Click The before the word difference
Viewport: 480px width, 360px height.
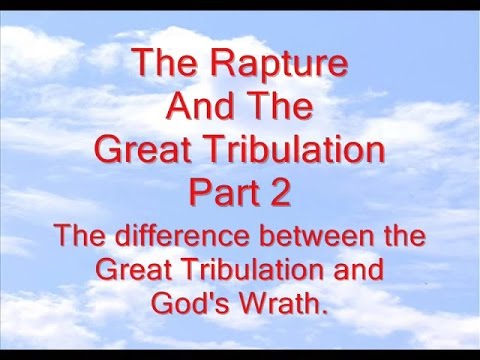click(83, 239)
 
